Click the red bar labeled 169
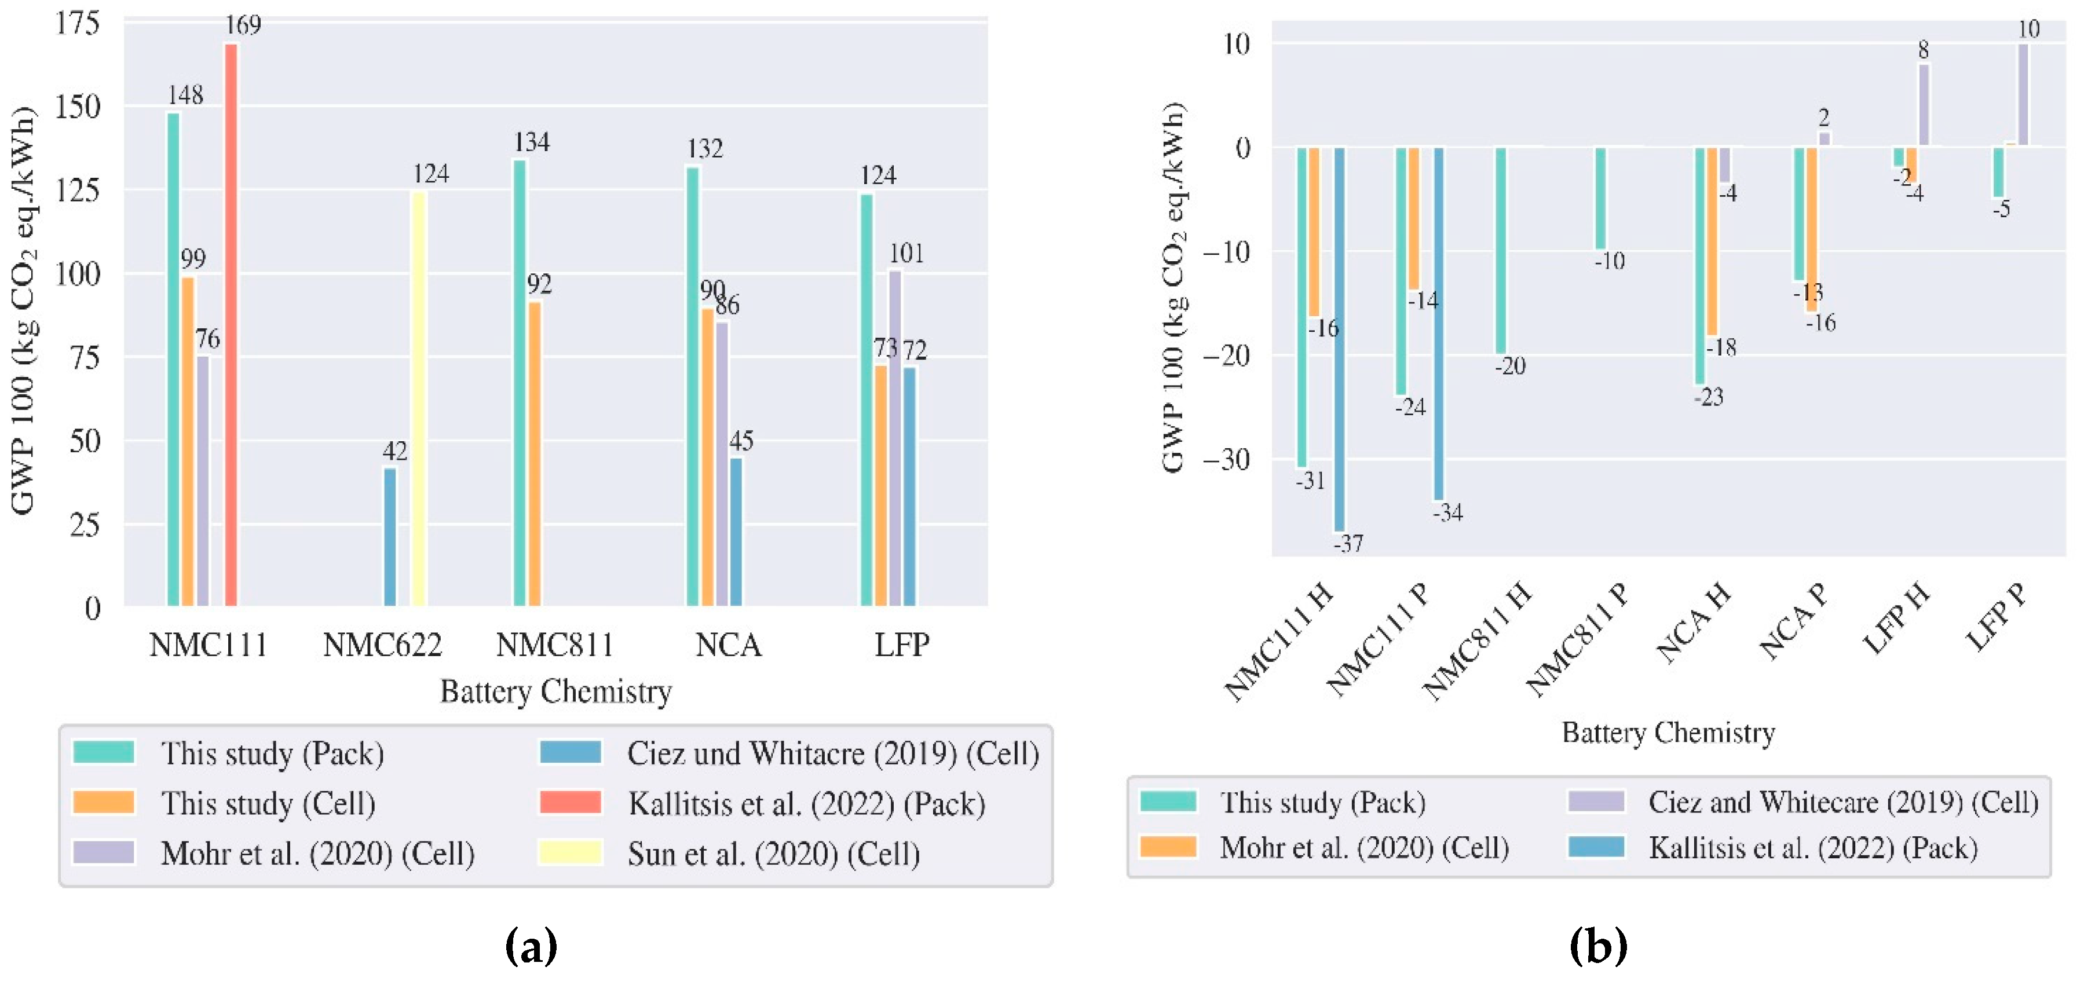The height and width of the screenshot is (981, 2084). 231,324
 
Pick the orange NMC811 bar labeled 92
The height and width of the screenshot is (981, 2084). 534,453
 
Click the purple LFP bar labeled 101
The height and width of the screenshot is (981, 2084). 895,437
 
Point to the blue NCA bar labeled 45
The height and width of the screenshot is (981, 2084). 736,532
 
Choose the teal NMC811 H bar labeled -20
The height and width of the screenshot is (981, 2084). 1501,250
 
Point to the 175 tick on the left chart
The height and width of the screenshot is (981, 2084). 78,23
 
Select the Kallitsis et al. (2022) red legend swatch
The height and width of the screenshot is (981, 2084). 571,801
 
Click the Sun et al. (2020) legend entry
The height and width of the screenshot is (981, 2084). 773,853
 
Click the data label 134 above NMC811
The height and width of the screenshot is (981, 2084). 532,142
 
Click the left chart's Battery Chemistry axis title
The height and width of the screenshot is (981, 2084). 556,691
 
